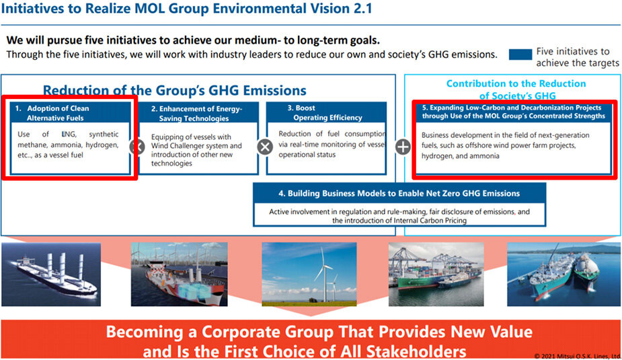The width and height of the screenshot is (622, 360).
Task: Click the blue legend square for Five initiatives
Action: tap(520, 55)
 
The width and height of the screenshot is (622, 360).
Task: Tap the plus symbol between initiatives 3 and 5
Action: tap(403, 147)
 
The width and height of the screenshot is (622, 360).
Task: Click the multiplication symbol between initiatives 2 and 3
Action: tap(265, 147)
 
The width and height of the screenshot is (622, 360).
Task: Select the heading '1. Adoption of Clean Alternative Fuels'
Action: tap(56, 113)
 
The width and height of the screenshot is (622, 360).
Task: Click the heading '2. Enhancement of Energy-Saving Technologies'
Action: tap(196, 114)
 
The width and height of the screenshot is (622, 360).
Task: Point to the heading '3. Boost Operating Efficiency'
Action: tap(325, 113)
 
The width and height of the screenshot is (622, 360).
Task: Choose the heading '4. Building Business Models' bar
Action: tap(399, 193)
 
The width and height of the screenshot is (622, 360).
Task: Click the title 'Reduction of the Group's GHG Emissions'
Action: tap(175, 90)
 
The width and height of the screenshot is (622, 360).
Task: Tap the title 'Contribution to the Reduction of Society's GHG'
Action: tap(516, 89)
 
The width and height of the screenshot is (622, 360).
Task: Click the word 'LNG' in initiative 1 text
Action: tap(69, 135)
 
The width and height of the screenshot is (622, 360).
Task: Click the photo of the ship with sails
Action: tap(51, 275)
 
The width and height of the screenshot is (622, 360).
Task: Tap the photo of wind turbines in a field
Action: tap(309, 275)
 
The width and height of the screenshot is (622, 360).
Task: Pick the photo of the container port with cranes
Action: tap(436, 275)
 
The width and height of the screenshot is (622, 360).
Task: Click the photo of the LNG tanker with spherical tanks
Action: tap(563, 275)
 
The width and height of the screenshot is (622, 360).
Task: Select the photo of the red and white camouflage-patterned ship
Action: tap(180, 275)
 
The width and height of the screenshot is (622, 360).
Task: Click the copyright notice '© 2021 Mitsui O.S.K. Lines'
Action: tap(577, 357)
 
